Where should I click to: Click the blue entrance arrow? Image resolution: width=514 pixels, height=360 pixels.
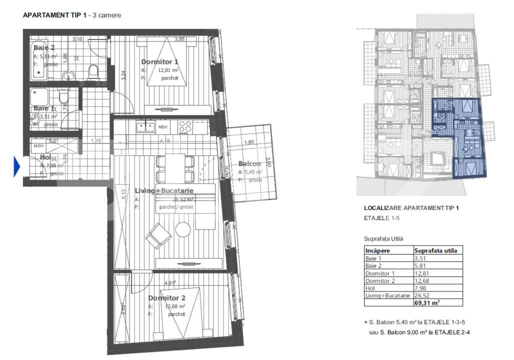pyautogui.click(x=16, y=166)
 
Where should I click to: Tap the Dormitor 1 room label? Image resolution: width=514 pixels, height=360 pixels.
pyautogui.click(x=159, y=62)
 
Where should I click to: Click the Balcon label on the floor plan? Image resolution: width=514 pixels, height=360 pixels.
pyautogui.click(x=249, y=164)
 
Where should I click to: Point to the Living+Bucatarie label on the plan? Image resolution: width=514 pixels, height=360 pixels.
pyautogui.click(x=164, y=191)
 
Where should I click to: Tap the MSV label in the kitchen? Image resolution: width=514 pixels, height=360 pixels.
pyautogui.click(x=163, y=127)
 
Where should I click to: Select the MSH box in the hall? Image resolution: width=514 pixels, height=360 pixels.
pyautogui.click(x=38, y=146)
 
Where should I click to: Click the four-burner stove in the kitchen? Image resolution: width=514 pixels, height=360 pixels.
pyautogui.click(x=184, y=127)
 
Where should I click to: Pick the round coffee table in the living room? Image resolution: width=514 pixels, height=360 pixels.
pyautogui.click(x=182, y=229)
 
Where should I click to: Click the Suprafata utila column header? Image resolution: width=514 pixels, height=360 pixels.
pyautogui.click(x=435, y=250)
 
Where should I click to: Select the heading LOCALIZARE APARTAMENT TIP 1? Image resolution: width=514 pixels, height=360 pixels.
pyautogui.click(x=411, y=207)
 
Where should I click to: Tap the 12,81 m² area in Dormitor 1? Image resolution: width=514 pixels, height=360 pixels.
pyautogui.click(x=168, y=70)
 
